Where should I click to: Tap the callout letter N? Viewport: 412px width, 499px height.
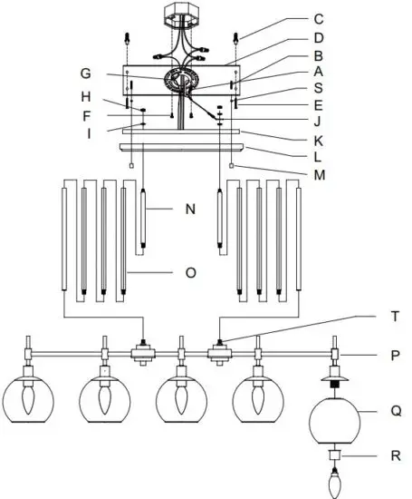pyautogui.click(x=190, y=209)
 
